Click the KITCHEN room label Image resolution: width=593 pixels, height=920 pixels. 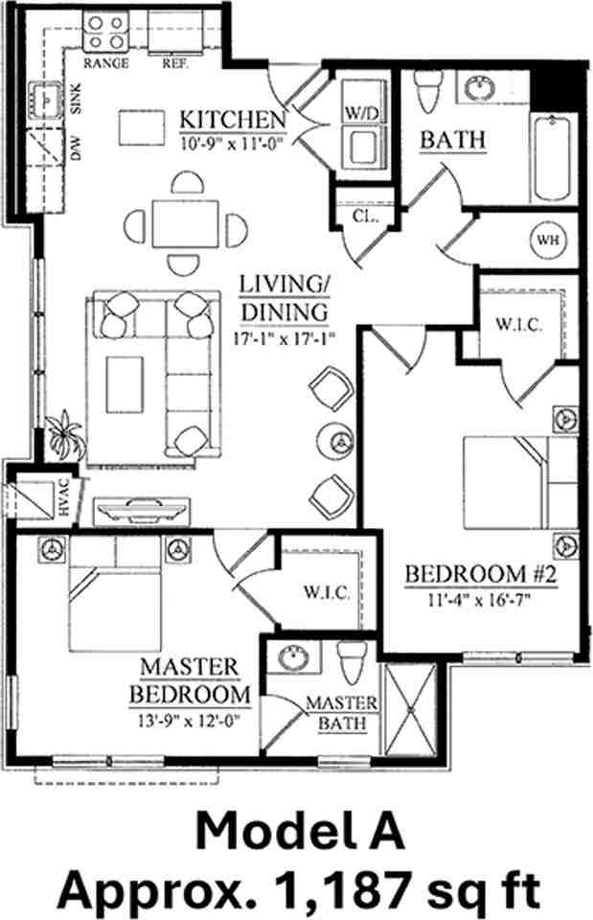[234, 121]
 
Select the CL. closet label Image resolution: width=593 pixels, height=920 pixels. [363, 217]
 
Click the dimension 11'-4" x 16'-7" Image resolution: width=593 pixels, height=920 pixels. [482, 601]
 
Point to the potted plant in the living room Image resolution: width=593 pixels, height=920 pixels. [66, 442]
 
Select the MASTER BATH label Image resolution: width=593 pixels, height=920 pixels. [341, 713]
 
